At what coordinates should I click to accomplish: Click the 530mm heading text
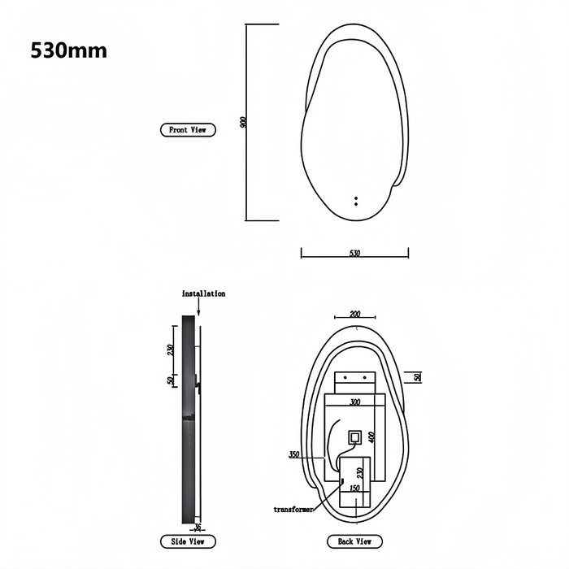click(68, 50)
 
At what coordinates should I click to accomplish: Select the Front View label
click(188, 130)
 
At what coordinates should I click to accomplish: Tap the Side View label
click(188, 541)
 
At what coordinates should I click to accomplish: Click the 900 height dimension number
click(243, 122)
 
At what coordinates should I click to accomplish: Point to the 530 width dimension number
click(354, 254)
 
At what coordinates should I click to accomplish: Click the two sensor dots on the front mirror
click(355, 200)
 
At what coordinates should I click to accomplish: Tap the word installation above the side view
click(203, 293)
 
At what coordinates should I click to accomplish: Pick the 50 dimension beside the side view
click(171, 380)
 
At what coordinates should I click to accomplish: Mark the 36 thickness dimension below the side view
click(197, 527)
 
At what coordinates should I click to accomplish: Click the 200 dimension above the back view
click(354, 313)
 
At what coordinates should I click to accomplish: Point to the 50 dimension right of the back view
click(417, 377)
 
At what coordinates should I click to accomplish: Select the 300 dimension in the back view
click(354, 402)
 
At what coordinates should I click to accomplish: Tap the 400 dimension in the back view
click(371, 437)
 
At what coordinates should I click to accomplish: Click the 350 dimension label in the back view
click(294, 454)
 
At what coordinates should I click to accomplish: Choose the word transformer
click(293, 509)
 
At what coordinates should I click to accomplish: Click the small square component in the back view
click(354, 437)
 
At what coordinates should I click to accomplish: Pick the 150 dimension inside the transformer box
click(354, 489)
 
